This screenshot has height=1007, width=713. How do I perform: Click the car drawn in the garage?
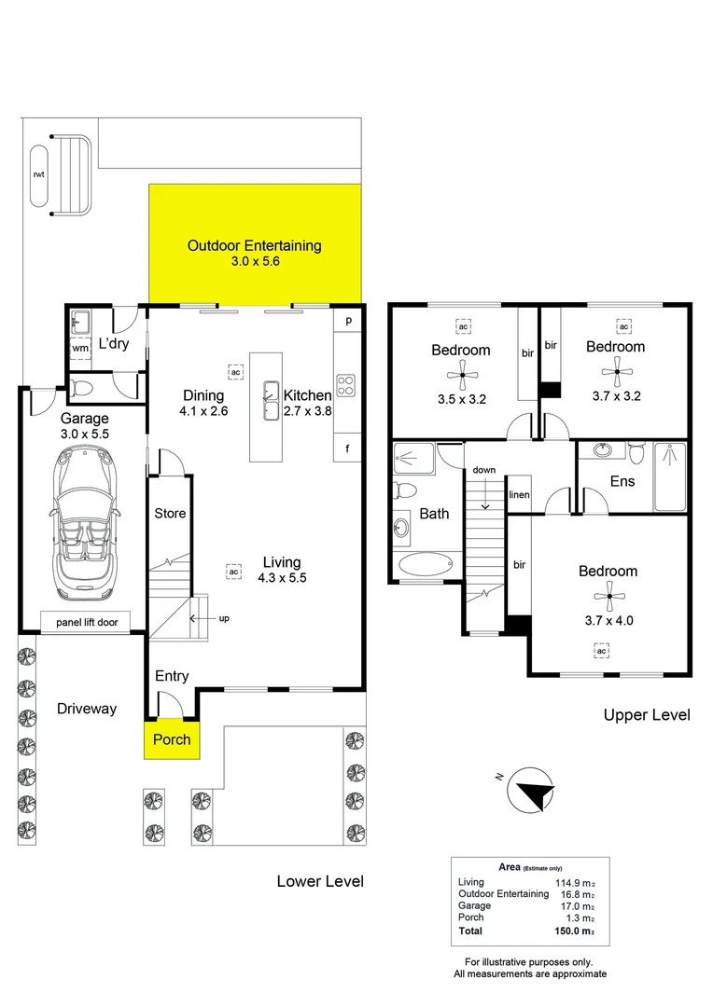point(84,523)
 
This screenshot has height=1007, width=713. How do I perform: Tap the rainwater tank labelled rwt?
point(38,175)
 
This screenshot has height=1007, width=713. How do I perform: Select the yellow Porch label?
point(172,739)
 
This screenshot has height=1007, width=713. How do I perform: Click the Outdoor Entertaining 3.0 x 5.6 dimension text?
point(255,261)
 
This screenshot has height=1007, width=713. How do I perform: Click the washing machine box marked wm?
point(80,348)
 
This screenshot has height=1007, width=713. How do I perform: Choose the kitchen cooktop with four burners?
point(346,385)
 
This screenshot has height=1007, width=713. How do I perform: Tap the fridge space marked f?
point(347,448)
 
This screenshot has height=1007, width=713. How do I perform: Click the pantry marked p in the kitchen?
point(348,321)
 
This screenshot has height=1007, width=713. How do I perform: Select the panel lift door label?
point(87,622)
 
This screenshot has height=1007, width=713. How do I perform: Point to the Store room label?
point(170,513)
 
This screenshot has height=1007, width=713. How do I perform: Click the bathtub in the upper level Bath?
point(426,565)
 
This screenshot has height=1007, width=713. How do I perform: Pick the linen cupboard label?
point(520,494)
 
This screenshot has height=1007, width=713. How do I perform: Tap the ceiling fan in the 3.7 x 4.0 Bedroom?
point(608,597)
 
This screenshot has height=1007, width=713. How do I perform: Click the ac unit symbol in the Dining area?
point(236,372)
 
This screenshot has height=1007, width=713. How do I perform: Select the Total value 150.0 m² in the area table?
point(575,931)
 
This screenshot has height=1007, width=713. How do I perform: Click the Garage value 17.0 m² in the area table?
point(578,906)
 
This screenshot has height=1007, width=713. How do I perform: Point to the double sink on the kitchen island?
point(271,401)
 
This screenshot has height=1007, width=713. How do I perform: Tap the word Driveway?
point(87,709)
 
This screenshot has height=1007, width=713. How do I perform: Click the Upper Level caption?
point(647,715)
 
